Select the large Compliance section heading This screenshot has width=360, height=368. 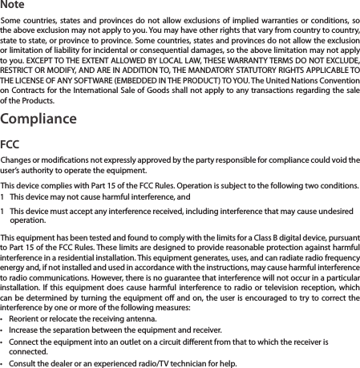(x=38, y=120)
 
